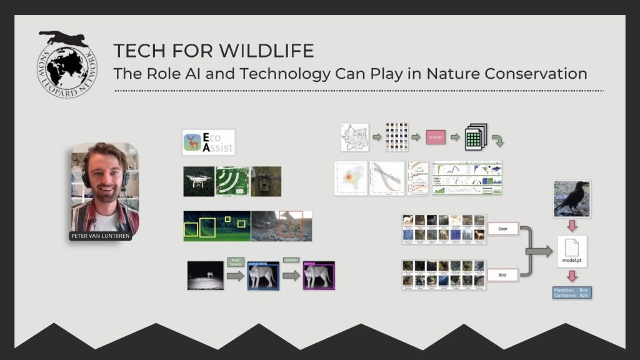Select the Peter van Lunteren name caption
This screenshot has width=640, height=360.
pos(100,236)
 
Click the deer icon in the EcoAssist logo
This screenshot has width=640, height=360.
pos(192,142)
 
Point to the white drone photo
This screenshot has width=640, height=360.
pos(199,181)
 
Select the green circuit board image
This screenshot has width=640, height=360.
pos(232,181)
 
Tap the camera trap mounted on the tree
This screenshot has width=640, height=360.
pos(266,181)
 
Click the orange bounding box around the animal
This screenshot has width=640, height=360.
pos(291,224)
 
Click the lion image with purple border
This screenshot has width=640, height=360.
pos(319,276)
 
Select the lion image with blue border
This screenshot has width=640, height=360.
pos(262,276)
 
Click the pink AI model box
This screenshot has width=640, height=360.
pos(436,136)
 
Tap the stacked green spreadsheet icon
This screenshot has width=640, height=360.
pos(476,136)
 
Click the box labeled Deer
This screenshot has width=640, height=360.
pos(504,229)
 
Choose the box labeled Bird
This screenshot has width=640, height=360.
pos(504,274)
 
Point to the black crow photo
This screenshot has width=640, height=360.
pos(572,199)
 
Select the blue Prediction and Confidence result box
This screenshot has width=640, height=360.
pos(572,292)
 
